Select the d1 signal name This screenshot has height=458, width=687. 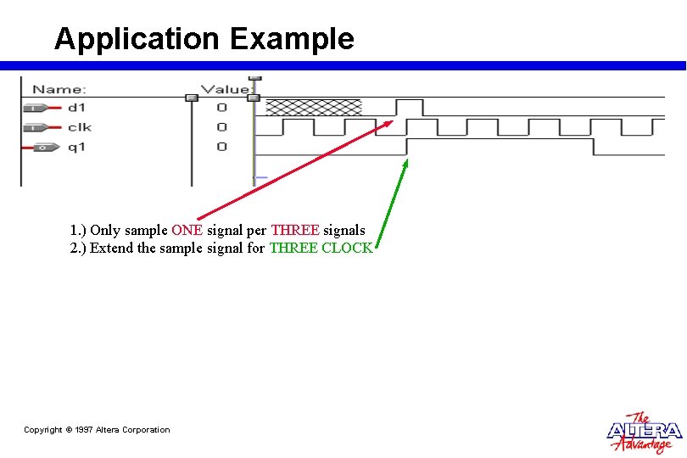coord(76,108)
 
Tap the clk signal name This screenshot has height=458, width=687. coord(79,127)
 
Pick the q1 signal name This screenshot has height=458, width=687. coord(76,148)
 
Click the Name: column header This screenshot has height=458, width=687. coord(59,89)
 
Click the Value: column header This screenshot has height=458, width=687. coord(226,89)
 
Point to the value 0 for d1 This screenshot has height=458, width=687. coord(221,108)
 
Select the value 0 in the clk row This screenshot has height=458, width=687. coord(221,127)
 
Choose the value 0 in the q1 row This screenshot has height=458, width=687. coord(221,148)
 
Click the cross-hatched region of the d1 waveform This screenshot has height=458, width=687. coord(314,107)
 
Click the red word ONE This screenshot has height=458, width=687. coord(187,230)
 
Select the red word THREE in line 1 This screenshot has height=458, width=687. coord(294,230)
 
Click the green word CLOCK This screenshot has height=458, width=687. coord(347,248)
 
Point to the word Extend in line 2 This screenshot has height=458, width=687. coord(110,248)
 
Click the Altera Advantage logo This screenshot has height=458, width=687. coord(645,433)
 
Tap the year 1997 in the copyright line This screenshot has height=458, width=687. coord(84,430)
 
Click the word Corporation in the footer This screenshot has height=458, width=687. coord(146,430)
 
